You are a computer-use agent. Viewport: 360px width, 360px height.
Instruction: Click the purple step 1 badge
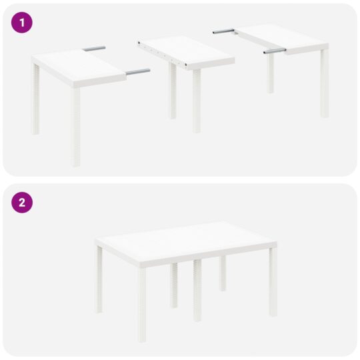coord(22,22)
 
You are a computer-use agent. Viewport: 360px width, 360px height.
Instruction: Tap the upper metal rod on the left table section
coord(95,49)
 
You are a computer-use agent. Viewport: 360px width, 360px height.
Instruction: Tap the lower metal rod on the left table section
coord(137,71)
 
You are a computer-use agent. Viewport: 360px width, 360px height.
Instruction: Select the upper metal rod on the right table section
coord(223,31)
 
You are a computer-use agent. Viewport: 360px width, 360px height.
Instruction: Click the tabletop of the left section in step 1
coord(77,66)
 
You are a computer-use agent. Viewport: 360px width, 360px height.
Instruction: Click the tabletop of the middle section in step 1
coord(187,52)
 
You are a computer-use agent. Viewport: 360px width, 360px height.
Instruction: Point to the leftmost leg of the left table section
coord(36,100)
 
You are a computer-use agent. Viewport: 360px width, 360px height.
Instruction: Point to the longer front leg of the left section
coord(76,127)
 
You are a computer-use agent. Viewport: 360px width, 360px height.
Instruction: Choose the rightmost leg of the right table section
coord(324,83)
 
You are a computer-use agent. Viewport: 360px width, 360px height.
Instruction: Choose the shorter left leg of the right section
coord(270,73)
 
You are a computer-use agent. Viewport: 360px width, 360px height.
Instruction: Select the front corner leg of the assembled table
coord(142,303)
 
